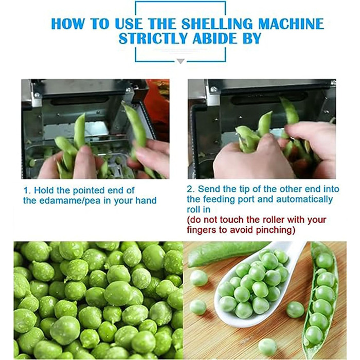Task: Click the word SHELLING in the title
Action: click(218, 24)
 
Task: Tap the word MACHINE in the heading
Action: click(291, 24)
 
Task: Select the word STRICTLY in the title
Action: click(154, 39)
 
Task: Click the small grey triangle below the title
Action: click(181, 61)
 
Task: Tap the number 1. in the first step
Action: click(27, 191)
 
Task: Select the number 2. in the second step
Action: click(191, 189)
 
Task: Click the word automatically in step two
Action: click(304, 199)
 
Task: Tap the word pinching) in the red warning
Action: click(275, 230)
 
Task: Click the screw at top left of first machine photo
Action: click(37, 95)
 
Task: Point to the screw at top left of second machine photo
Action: click(214, 89)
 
